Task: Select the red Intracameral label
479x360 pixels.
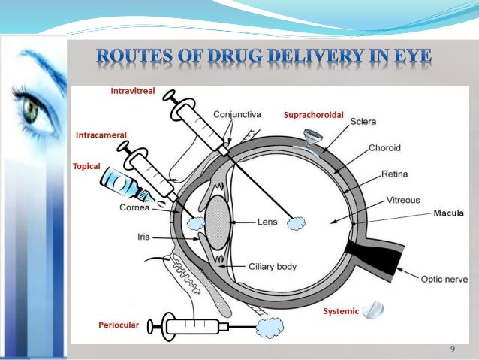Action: (x=101, y=135)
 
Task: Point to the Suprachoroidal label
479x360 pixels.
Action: (x=313, y=116)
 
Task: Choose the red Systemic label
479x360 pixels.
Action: (x=341, y=311)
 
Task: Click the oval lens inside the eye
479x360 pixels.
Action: (x=217, y=222)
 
